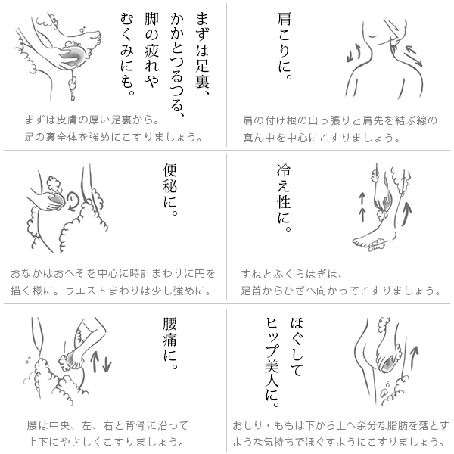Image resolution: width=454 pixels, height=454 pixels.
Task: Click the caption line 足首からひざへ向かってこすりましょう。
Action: point(340,291)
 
